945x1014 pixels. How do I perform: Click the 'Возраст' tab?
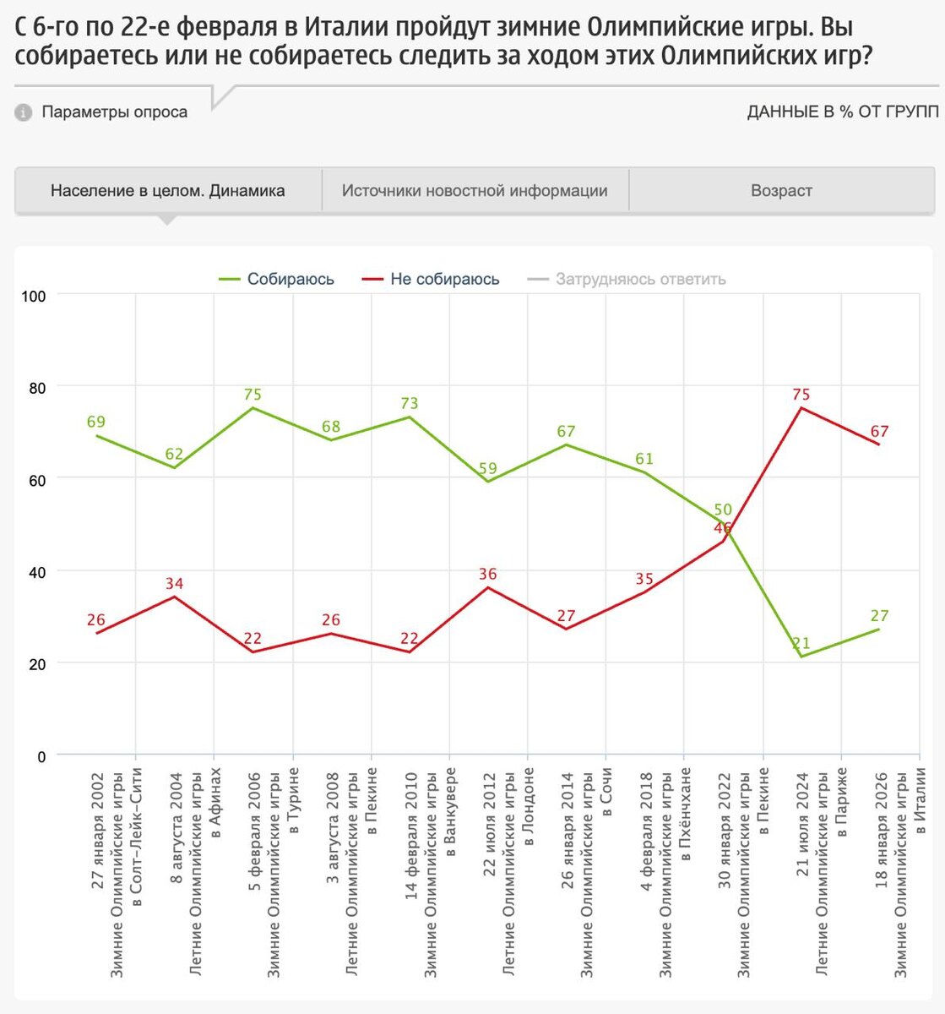pyautogui.click(x=781, y=191)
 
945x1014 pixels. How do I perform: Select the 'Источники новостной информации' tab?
pyautogui.click(x=475, y=191)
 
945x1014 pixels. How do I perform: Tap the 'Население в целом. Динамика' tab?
pyautogui.click(x=167, y=191)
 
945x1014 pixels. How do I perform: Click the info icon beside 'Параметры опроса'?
pyautogui.click(x=24, y=112)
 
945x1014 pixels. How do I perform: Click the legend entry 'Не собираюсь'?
pyautogui.click(x=444, y=279)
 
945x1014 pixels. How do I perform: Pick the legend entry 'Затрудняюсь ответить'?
pyautogui.click(x=640, y=279)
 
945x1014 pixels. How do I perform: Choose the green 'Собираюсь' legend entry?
pyautogui.click(x=290, y=279)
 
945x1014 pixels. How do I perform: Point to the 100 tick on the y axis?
pyautogui.click(x=35, y=295)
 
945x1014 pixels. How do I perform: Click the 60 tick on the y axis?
pyautogui.click(x=37, y=479)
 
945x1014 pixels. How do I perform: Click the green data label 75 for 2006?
pyautogui.click(x=253, y=394)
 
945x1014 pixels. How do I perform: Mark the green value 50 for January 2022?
pyautogui.click(x=723, y=510)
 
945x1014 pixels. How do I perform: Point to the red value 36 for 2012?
pyautogui.click(x=487, y=574)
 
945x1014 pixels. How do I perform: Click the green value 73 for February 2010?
pyautogui.click(x=410, y=403)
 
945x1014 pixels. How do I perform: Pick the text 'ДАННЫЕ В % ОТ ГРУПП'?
pyautogui.click(x=842, y=112)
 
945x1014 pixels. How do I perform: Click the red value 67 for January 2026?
pyautogui.click(x=879, y=432)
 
